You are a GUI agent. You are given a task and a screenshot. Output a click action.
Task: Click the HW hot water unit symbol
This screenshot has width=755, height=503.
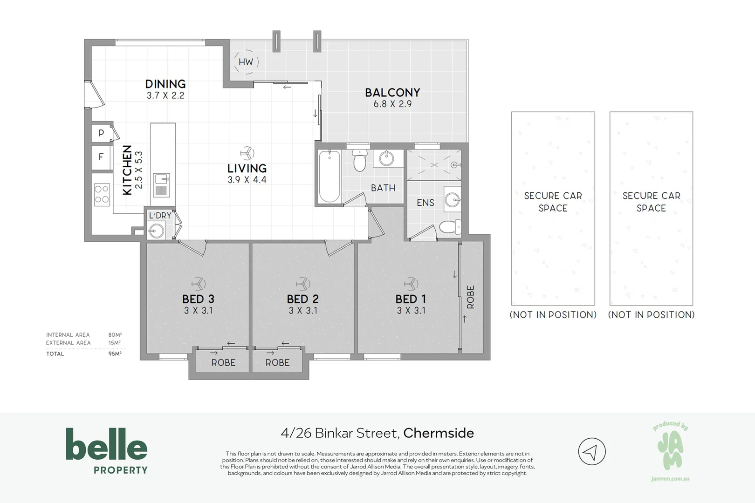click(246, 62)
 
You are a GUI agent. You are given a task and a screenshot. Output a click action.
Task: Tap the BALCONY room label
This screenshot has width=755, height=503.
click(392, 92)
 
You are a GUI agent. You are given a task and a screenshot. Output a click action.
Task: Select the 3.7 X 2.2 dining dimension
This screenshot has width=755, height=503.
click(165, 95)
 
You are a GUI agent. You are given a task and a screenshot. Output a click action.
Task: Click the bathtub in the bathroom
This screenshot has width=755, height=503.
click(329, 176)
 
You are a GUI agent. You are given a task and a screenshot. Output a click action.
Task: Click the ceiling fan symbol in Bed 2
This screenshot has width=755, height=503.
click(303, 283)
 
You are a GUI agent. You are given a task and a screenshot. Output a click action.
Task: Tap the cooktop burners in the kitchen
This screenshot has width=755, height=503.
click(102, 195)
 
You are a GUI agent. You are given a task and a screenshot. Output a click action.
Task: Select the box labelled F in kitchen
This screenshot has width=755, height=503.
click(101, 157)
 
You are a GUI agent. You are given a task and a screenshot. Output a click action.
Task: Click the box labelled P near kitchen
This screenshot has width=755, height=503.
click(101, 134)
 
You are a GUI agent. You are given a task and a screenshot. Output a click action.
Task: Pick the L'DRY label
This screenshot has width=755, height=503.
click(160, 216)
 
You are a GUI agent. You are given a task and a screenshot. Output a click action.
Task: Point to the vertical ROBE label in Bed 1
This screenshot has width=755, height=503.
click(471, 297)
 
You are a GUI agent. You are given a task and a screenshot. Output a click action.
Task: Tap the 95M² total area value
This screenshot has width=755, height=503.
click(115, 353)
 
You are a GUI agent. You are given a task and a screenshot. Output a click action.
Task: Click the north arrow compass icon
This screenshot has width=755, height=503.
click(591, 451)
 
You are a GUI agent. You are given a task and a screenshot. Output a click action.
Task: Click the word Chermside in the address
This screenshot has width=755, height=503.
click(439, 433)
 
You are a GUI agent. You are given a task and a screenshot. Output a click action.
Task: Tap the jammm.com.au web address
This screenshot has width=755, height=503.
click(670, 479)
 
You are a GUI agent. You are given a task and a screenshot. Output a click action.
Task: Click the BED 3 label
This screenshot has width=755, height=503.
click(198, 299)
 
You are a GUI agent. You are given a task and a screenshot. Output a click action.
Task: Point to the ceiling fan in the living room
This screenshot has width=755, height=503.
click(247, 153)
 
